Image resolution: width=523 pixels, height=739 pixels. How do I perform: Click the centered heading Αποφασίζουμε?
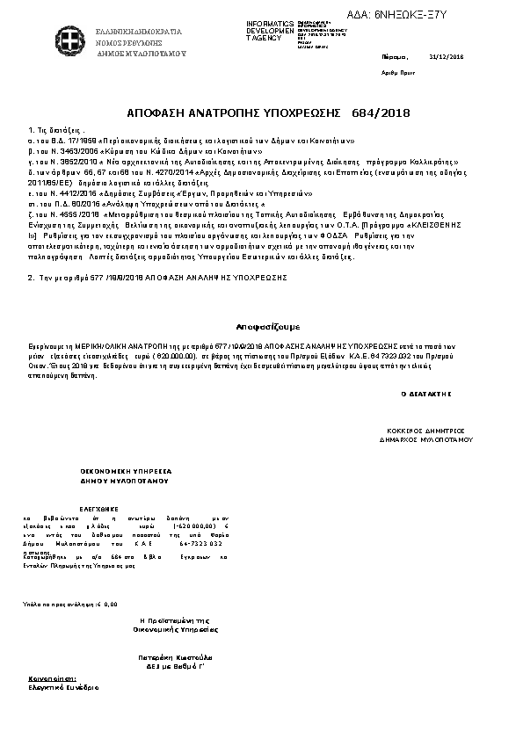tap(262, 324)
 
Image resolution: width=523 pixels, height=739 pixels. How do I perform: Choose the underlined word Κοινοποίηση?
tap(53, 679)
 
